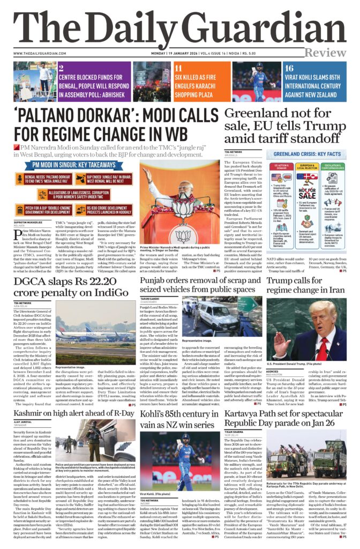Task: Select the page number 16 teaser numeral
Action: click(x=289, y=68)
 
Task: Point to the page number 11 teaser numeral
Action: click(x=178, y=68)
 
